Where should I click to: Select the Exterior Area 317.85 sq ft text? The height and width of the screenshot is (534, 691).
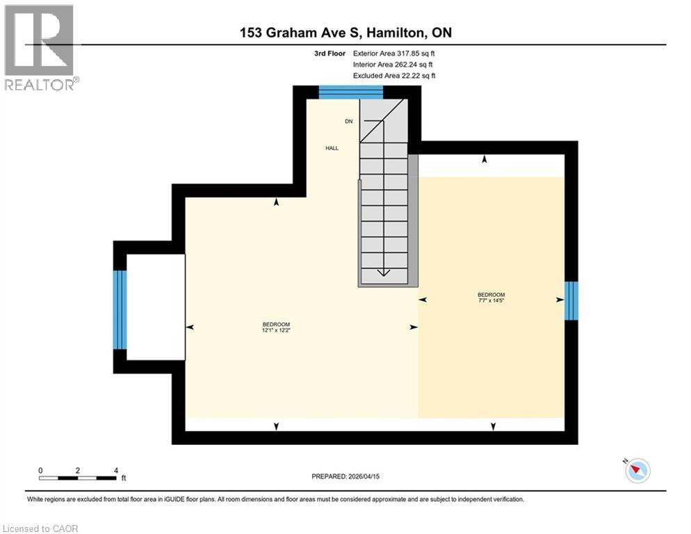[394, 53]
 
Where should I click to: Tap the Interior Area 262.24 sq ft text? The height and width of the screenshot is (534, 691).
[394, 64]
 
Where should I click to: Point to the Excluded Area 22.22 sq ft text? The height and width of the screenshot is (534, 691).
[394, 75]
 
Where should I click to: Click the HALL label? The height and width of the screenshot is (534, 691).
[332, 147]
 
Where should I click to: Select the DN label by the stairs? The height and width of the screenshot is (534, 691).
[349, 122]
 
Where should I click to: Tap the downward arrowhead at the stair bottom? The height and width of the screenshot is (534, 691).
[383, 273]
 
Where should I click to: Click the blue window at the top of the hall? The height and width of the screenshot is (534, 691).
[350, 92]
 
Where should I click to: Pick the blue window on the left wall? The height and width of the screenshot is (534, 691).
[120, 309]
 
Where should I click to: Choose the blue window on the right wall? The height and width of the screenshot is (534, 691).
[571, 300]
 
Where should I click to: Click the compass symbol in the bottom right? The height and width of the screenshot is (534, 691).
[637, 471]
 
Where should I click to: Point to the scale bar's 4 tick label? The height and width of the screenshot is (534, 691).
[115, 470]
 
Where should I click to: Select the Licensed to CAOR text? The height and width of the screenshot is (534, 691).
[41, 528]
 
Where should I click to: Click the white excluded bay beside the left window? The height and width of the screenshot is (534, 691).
[156, 307]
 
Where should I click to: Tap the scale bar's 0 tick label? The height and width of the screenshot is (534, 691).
[41, 470]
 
